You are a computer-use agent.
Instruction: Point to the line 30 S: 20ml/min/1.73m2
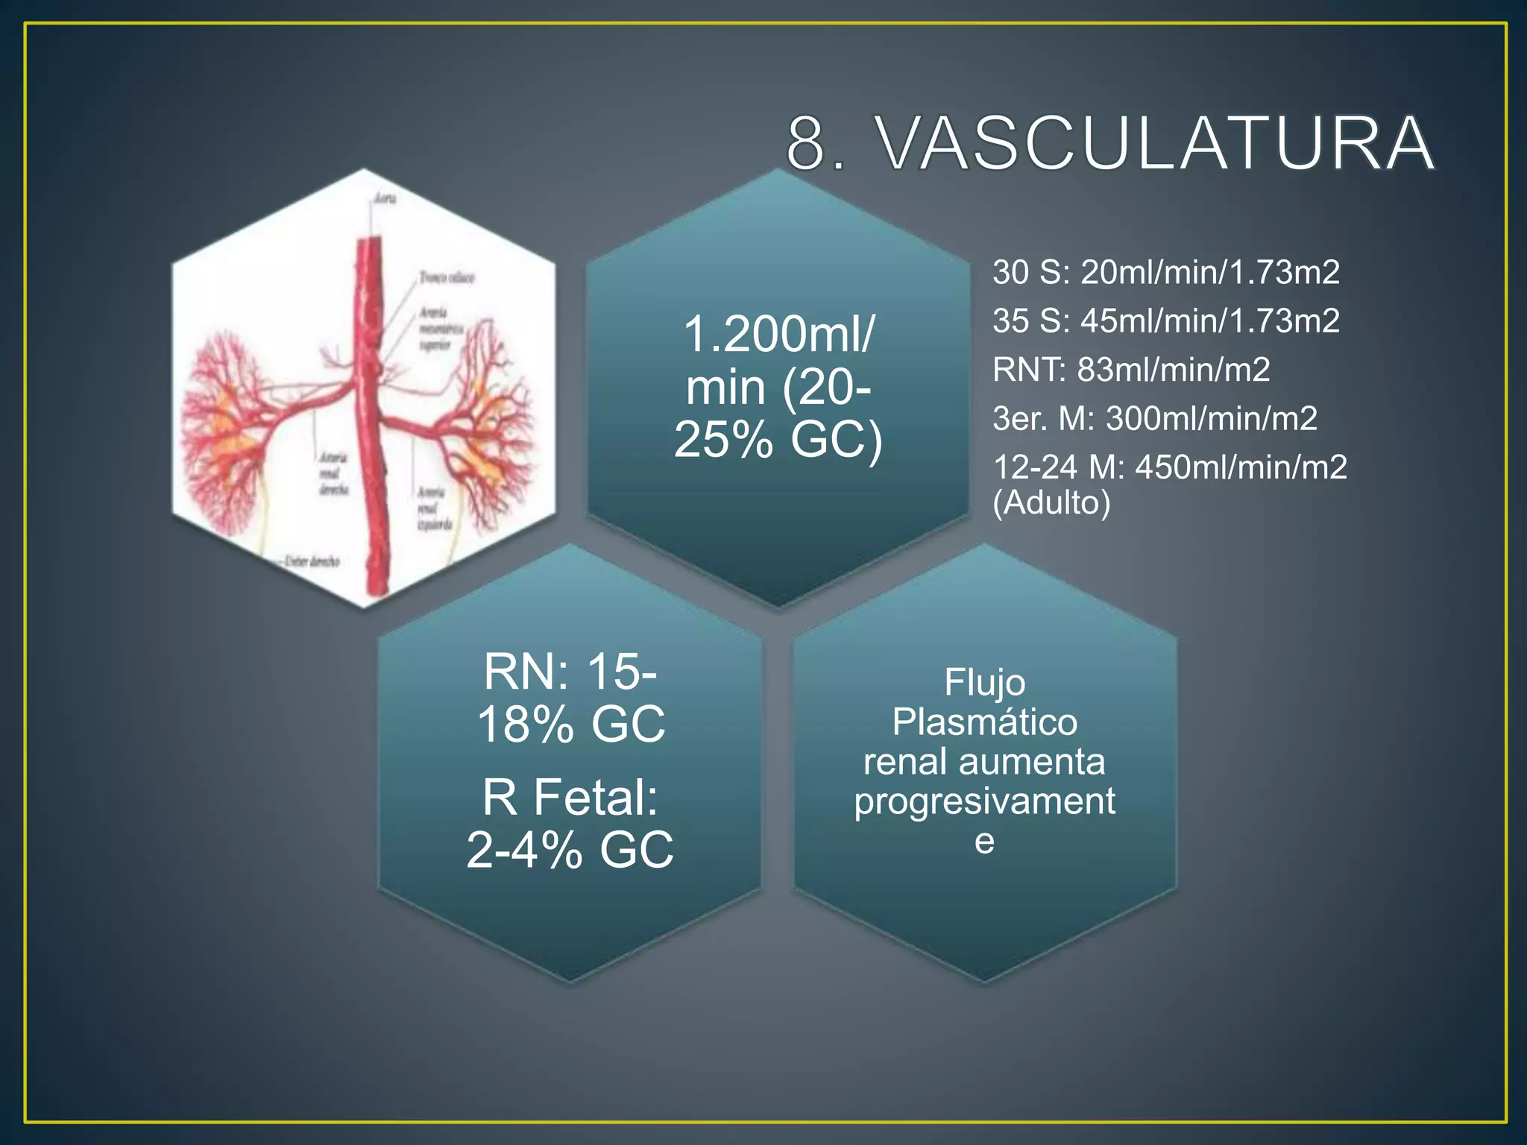click(x=1165, y=272)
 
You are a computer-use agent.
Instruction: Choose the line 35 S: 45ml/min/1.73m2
click(x=1165, y=321)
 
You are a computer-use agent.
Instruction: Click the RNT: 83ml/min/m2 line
click(x=1130, y=370)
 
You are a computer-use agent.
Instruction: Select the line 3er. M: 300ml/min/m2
click(x=1154, y=418)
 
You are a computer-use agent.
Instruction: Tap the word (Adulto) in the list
click(x=1051, y=502)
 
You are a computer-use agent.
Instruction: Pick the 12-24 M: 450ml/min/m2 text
click(x=1169, y=467)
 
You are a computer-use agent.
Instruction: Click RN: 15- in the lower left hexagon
click(x=570, y=672)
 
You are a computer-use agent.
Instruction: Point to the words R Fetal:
click(x=570, y=797)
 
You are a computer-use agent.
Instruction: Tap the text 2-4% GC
click(x=570, y=849)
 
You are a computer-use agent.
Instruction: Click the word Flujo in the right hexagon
click(x=984, y=682)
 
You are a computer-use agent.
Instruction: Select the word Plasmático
click(x=984, y=722)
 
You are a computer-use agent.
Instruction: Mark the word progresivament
click(x=984, y=801)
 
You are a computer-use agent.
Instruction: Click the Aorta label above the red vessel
click(x=385, y=198)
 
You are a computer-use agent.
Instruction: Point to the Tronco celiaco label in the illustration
click(x=446, y=277)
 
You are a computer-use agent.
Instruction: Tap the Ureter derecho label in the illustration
click(x=312, y=561)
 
